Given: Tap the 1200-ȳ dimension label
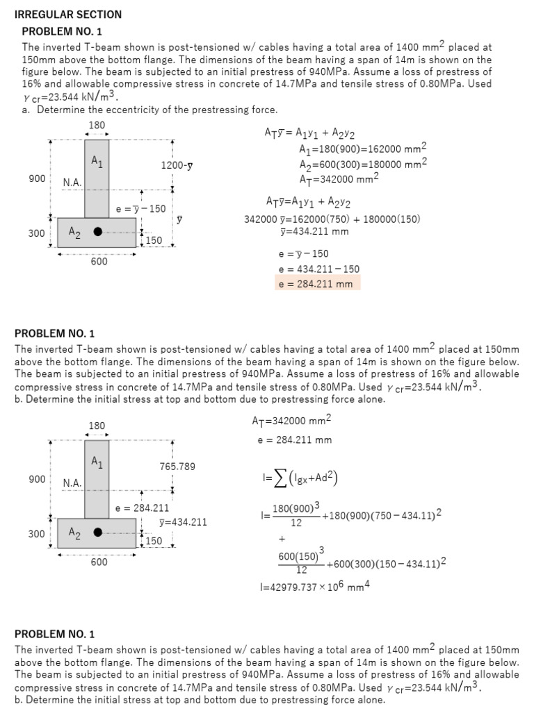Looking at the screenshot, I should point(177,166).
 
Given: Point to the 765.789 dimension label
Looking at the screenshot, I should point(177,467).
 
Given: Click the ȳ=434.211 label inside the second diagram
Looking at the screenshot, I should point(183,522).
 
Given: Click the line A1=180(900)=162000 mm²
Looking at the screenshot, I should point(362,149).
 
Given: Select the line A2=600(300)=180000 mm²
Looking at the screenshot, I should point(362,164).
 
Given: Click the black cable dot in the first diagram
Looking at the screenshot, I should point(99,232).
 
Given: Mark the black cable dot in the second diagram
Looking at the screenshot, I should point(99,533).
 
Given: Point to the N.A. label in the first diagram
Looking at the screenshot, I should point(72,183).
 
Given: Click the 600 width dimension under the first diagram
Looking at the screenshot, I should point(99,262).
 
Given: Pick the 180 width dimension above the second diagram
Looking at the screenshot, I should point(97,425).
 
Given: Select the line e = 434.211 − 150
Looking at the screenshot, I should point(318,269).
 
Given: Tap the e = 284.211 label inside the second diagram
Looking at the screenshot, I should point(142,508).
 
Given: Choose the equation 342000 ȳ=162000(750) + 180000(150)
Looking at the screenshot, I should point(332,219).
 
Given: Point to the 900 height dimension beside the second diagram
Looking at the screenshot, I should point(38,479).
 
